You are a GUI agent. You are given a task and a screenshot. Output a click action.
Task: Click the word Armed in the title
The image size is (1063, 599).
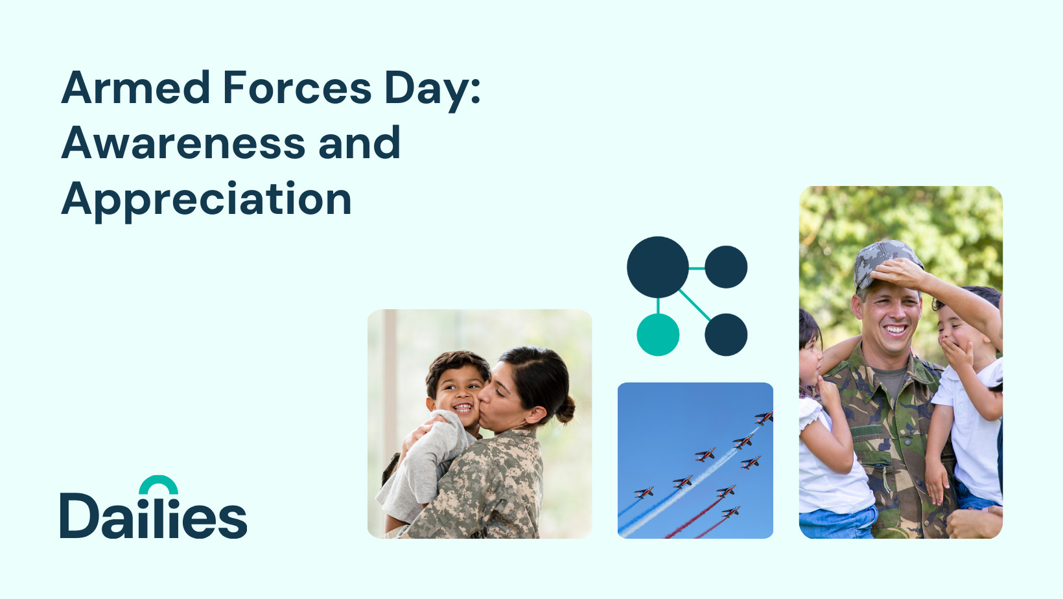(135, 87)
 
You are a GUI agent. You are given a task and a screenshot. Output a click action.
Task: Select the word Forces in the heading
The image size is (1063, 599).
(297, 87)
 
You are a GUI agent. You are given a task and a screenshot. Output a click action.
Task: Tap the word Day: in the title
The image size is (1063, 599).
(433, 90)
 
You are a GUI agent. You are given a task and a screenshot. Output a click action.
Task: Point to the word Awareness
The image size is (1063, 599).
(183, 143)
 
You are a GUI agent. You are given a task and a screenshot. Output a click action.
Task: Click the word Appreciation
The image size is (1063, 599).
(206, 200)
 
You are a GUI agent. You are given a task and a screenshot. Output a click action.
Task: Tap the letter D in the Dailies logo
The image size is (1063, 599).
(79, 515)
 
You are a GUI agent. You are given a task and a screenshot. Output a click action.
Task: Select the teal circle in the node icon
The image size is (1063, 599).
(658, 335)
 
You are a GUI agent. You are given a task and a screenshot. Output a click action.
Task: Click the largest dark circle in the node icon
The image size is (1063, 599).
(658, 267)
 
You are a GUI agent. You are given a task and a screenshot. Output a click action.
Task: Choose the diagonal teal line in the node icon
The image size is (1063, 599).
(695, 305)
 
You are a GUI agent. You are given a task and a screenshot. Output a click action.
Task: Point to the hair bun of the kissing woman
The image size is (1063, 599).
(565, 409)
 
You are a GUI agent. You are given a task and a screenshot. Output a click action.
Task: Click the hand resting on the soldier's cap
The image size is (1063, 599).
(897, 274)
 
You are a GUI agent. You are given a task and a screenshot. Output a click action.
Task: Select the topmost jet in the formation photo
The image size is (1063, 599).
(764, 417)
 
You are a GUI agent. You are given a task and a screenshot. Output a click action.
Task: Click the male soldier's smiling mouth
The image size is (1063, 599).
(896, 329)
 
